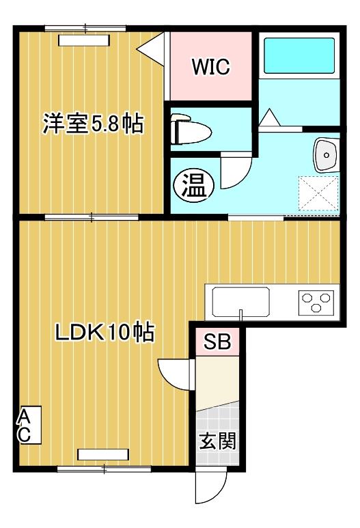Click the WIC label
click(210, 67)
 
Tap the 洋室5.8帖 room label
click(94, 124)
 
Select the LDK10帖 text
click(104, 333)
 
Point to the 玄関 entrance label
click(218, 441)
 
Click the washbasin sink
click(327, 155)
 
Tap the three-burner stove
click(316, 301)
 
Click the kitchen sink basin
click(241, 301)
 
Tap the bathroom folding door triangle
click(268, 118)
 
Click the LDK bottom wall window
click(104, 469)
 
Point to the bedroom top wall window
click(85, 29)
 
